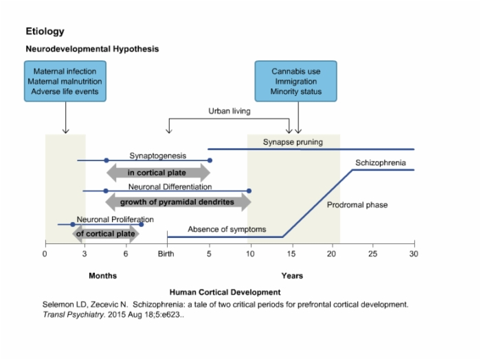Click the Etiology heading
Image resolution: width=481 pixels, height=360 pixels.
coord(45,32)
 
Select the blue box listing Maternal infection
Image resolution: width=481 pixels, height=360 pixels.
coord(65,81)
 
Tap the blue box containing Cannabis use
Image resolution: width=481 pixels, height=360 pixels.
coord(295,81)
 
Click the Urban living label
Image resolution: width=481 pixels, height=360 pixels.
coord(230,111)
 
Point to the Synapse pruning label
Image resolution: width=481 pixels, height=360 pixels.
coord(293,142)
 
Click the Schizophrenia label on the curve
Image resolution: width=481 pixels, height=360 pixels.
coord(381,163)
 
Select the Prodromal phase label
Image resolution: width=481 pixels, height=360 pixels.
coord(357,205)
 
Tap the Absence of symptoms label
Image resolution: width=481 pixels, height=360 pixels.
coord(227,229)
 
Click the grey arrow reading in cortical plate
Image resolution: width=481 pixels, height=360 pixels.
coord(158,173)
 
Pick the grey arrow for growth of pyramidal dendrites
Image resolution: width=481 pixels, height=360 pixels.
coord(178,202)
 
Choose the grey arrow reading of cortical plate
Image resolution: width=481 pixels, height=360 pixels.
coord(106,234)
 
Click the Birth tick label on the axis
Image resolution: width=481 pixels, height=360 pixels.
coord(166,254)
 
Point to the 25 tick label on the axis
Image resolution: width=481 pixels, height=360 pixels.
coord(372,254)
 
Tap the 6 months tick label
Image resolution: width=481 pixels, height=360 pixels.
coord(126,254)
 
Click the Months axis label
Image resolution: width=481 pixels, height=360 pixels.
coord(103,276)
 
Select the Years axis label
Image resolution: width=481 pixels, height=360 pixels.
coord(292,276)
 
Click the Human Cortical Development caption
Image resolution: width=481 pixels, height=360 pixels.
coord(225,292)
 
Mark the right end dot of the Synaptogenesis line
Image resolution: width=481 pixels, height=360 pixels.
coord(210,160)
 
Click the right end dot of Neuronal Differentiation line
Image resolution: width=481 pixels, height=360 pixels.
coord(249,191)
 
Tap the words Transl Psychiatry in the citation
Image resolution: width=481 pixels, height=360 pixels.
coord(74,315)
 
